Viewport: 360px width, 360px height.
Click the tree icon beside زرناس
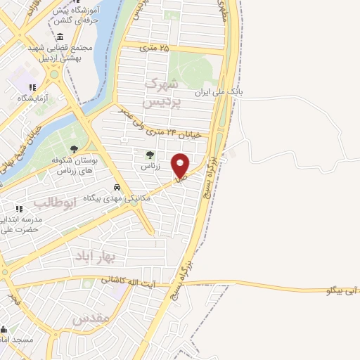tap(148, 155)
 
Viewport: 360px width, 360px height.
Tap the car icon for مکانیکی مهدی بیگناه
tap(117, 188)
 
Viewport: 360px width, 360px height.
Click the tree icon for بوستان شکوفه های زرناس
tap(74, 149)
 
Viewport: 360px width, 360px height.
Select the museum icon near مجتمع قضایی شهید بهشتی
tap(56, 34)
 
